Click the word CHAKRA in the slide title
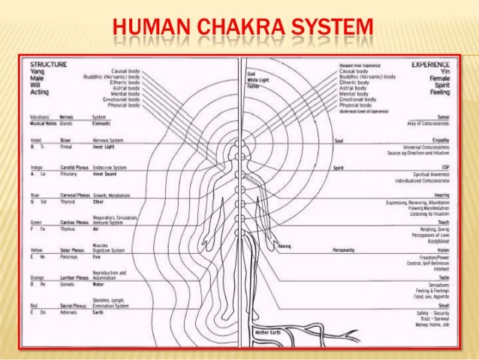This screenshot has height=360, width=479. [x=232, y=31]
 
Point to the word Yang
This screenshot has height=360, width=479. [x=36, y=74]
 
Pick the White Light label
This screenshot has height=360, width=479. [x=259, y=80]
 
